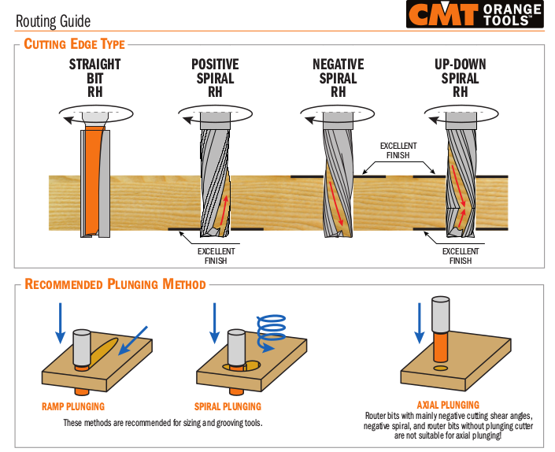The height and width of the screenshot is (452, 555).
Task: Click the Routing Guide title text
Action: [x=53, y=21]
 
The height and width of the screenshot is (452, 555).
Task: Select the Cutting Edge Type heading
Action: [x=74, y=44]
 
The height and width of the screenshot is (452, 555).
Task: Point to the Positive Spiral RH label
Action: [x=215, y=78]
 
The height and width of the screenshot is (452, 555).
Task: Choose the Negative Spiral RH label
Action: [x=338, y=78]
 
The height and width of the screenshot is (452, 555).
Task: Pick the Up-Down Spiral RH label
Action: [x=460, y=78]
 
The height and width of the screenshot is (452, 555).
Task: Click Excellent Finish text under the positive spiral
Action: [x=216, y=256]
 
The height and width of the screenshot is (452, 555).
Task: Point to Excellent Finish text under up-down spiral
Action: [x=461, y=256]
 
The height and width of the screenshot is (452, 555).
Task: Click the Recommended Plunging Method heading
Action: [x=115, y=284]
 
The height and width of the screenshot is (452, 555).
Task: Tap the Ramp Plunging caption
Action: [x=73, y=407]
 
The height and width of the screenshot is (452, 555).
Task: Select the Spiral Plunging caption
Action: [x=228, y=407]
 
